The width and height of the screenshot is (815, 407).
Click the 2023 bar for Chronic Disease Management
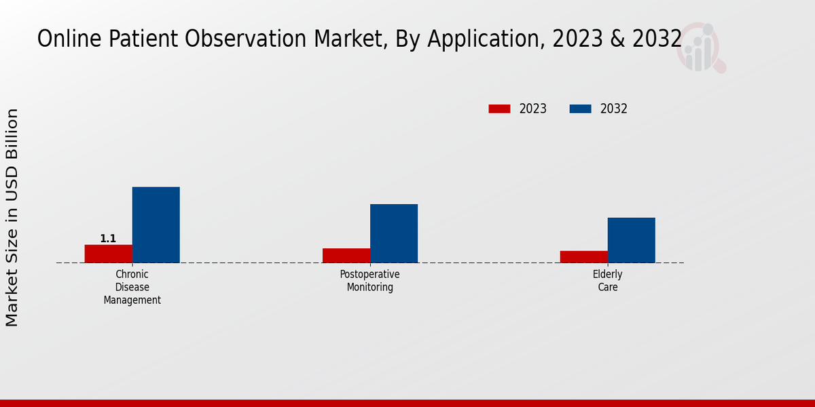click(x=108, y=254)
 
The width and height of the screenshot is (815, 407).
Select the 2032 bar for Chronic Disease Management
click(x=156, y=225)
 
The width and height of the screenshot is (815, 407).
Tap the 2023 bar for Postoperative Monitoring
click(x=346, y=256)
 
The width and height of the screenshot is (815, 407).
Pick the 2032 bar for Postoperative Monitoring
click(x=393, y=233)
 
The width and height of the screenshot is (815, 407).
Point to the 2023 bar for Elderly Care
click(x=583, y=256)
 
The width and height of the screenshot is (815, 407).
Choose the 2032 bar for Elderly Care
click(x=631, y=240)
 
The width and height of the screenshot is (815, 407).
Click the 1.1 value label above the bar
click(x=108, y=239)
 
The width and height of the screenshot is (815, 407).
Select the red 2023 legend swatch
click(x=499, y=109)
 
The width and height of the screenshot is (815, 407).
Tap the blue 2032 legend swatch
click(x=580, y=109)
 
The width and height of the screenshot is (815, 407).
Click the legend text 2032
click(x=613, y=109)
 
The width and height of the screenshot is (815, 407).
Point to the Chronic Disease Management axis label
click(x=132, y=287)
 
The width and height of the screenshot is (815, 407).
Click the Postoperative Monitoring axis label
click(x=370, y=281)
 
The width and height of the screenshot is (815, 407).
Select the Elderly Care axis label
click(x=608, y=281)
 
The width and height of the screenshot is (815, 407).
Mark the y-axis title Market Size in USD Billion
click(x=12, y=217)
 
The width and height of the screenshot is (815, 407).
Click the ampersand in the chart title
click(x=617, y=39)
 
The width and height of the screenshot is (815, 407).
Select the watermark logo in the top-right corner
click(x=701, y=47)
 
